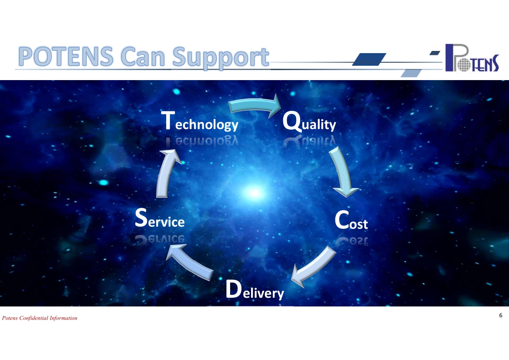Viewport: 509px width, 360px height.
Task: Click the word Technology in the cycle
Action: [200, 121]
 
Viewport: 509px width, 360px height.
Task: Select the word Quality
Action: [309, 121]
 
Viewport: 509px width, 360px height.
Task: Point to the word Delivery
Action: [255, 289]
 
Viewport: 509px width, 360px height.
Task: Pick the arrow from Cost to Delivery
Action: [313, 266]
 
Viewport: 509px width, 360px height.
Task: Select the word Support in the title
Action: [221, 58]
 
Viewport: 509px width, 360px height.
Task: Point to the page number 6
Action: [501, 315]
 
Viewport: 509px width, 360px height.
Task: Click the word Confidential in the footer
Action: [34, 318]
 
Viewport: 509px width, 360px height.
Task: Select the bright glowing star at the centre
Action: [255, 193]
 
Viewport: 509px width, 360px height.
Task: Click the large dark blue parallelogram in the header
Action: [369, 59]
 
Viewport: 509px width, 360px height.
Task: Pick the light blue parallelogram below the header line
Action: [411, 73]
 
